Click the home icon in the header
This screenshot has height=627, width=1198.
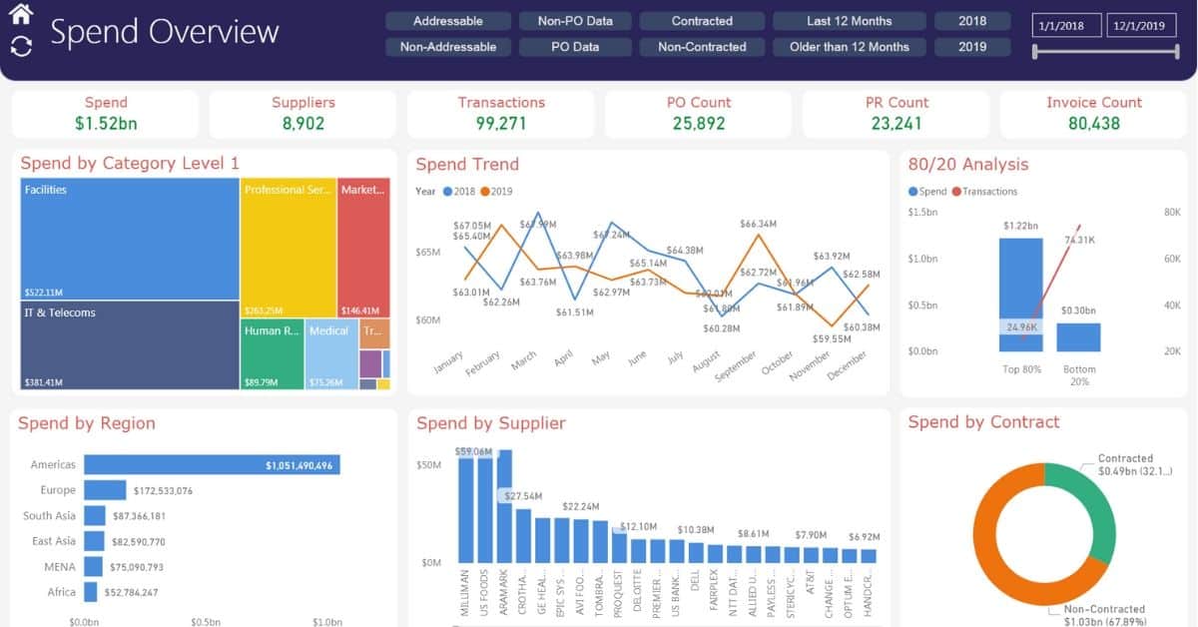[x=21, y=14]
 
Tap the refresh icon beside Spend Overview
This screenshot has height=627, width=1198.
[x=21, y=46]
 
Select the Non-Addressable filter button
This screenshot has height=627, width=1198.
[x=447, y=47]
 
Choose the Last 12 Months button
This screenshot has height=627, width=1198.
[x=849, y=21]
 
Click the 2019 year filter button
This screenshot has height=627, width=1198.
[x=971, y=47]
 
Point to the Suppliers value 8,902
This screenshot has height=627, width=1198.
[x=303, y=124]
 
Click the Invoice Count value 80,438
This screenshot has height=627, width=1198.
[x=1093, y=124]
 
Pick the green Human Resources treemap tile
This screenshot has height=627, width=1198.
[x=272, y=354]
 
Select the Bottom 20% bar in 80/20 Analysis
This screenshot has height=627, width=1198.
[x=1078, y=337]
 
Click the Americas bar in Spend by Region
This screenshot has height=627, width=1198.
[x=212, y=465]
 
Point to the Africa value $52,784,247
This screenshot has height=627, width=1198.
[x=133, y=593]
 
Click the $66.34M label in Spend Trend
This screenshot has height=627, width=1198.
[x=759, y=225]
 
